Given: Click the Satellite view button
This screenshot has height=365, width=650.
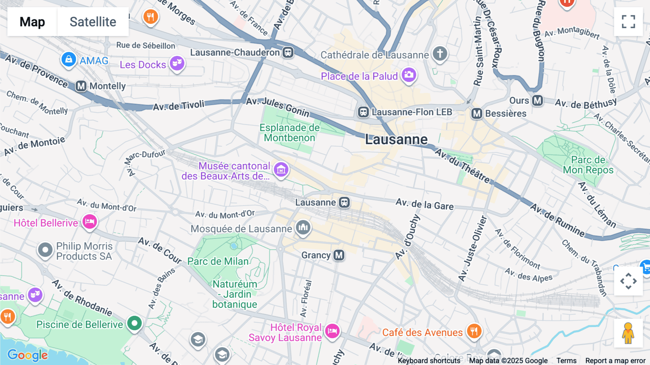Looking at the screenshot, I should coord(93,22).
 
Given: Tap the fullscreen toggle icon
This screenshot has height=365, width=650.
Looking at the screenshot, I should coord(628,22).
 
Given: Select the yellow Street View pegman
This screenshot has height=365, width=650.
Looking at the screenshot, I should coord(628,333).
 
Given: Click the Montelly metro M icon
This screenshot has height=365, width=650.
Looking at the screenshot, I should coord(81,86).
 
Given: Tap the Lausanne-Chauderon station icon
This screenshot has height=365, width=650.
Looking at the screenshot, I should coord(288,52).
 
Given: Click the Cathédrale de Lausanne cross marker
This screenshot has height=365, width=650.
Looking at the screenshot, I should coord(440,53).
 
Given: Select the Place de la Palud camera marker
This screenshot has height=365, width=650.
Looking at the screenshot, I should coord(409,75).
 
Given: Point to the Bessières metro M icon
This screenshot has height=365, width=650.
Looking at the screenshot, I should coord(477,114).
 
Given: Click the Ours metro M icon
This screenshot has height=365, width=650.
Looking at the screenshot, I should coord(537,100).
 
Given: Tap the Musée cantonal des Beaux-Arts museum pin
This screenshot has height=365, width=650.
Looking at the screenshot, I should coord(281,169).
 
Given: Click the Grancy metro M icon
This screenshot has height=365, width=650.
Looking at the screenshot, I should coord(339,255).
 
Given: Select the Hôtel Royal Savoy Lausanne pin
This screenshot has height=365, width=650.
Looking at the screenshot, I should coord(332,331).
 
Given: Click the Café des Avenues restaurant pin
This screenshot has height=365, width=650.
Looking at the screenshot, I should coord(474,331).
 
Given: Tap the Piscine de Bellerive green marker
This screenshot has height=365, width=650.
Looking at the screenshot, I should coord(134,323).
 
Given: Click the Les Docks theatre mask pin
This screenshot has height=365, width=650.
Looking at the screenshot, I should coord(177,63).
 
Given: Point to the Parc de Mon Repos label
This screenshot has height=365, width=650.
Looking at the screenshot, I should coord(588,165).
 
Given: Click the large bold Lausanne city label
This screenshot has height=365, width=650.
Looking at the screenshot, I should coord(396,139).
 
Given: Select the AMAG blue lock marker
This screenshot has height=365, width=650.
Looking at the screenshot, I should coord(69,59).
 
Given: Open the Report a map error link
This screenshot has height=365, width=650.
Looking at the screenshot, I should coord(615,360).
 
